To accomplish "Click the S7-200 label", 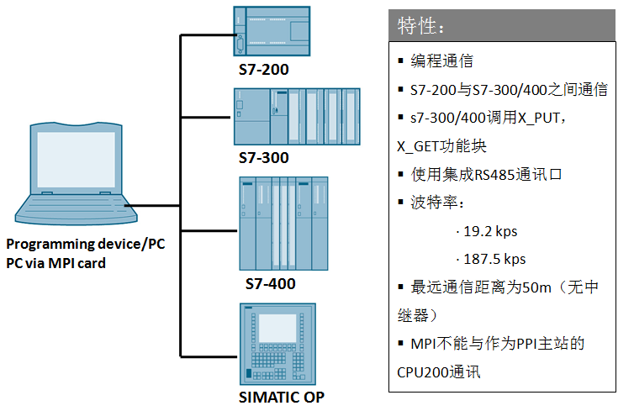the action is (264, 70).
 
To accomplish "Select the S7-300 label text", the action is (264, 158).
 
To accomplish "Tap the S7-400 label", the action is (271, 284).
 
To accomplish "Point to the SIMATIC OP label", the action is (282, 398).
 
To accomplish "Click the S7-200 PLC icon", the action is (272, 31).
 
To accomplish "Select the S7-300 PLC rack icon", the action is (297, 117).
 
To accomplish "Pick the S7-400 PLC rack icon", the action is (284, 224).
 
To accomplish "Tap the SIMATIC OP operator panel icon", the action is (277, 345).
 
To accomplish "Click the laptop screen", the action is (76, 160).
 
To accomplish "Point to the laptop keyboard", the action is (75, 205).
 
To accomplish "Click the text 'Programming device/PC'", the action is (86, 244).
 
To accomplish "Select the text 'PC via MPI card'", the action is (55, 263).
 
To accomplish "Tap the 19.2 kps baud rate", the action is (490, 232).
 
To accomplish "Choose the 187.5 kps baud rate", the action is (494, 259).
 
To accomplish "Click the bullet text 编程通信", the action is (442, 61).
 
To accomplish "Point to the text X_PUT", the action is (539, 118).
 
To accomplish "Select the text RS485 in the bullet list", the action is (494, 175).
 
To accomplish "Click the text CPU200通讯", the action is (439, 372).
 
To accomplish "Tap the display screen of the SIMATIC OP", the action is (277, 328).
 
